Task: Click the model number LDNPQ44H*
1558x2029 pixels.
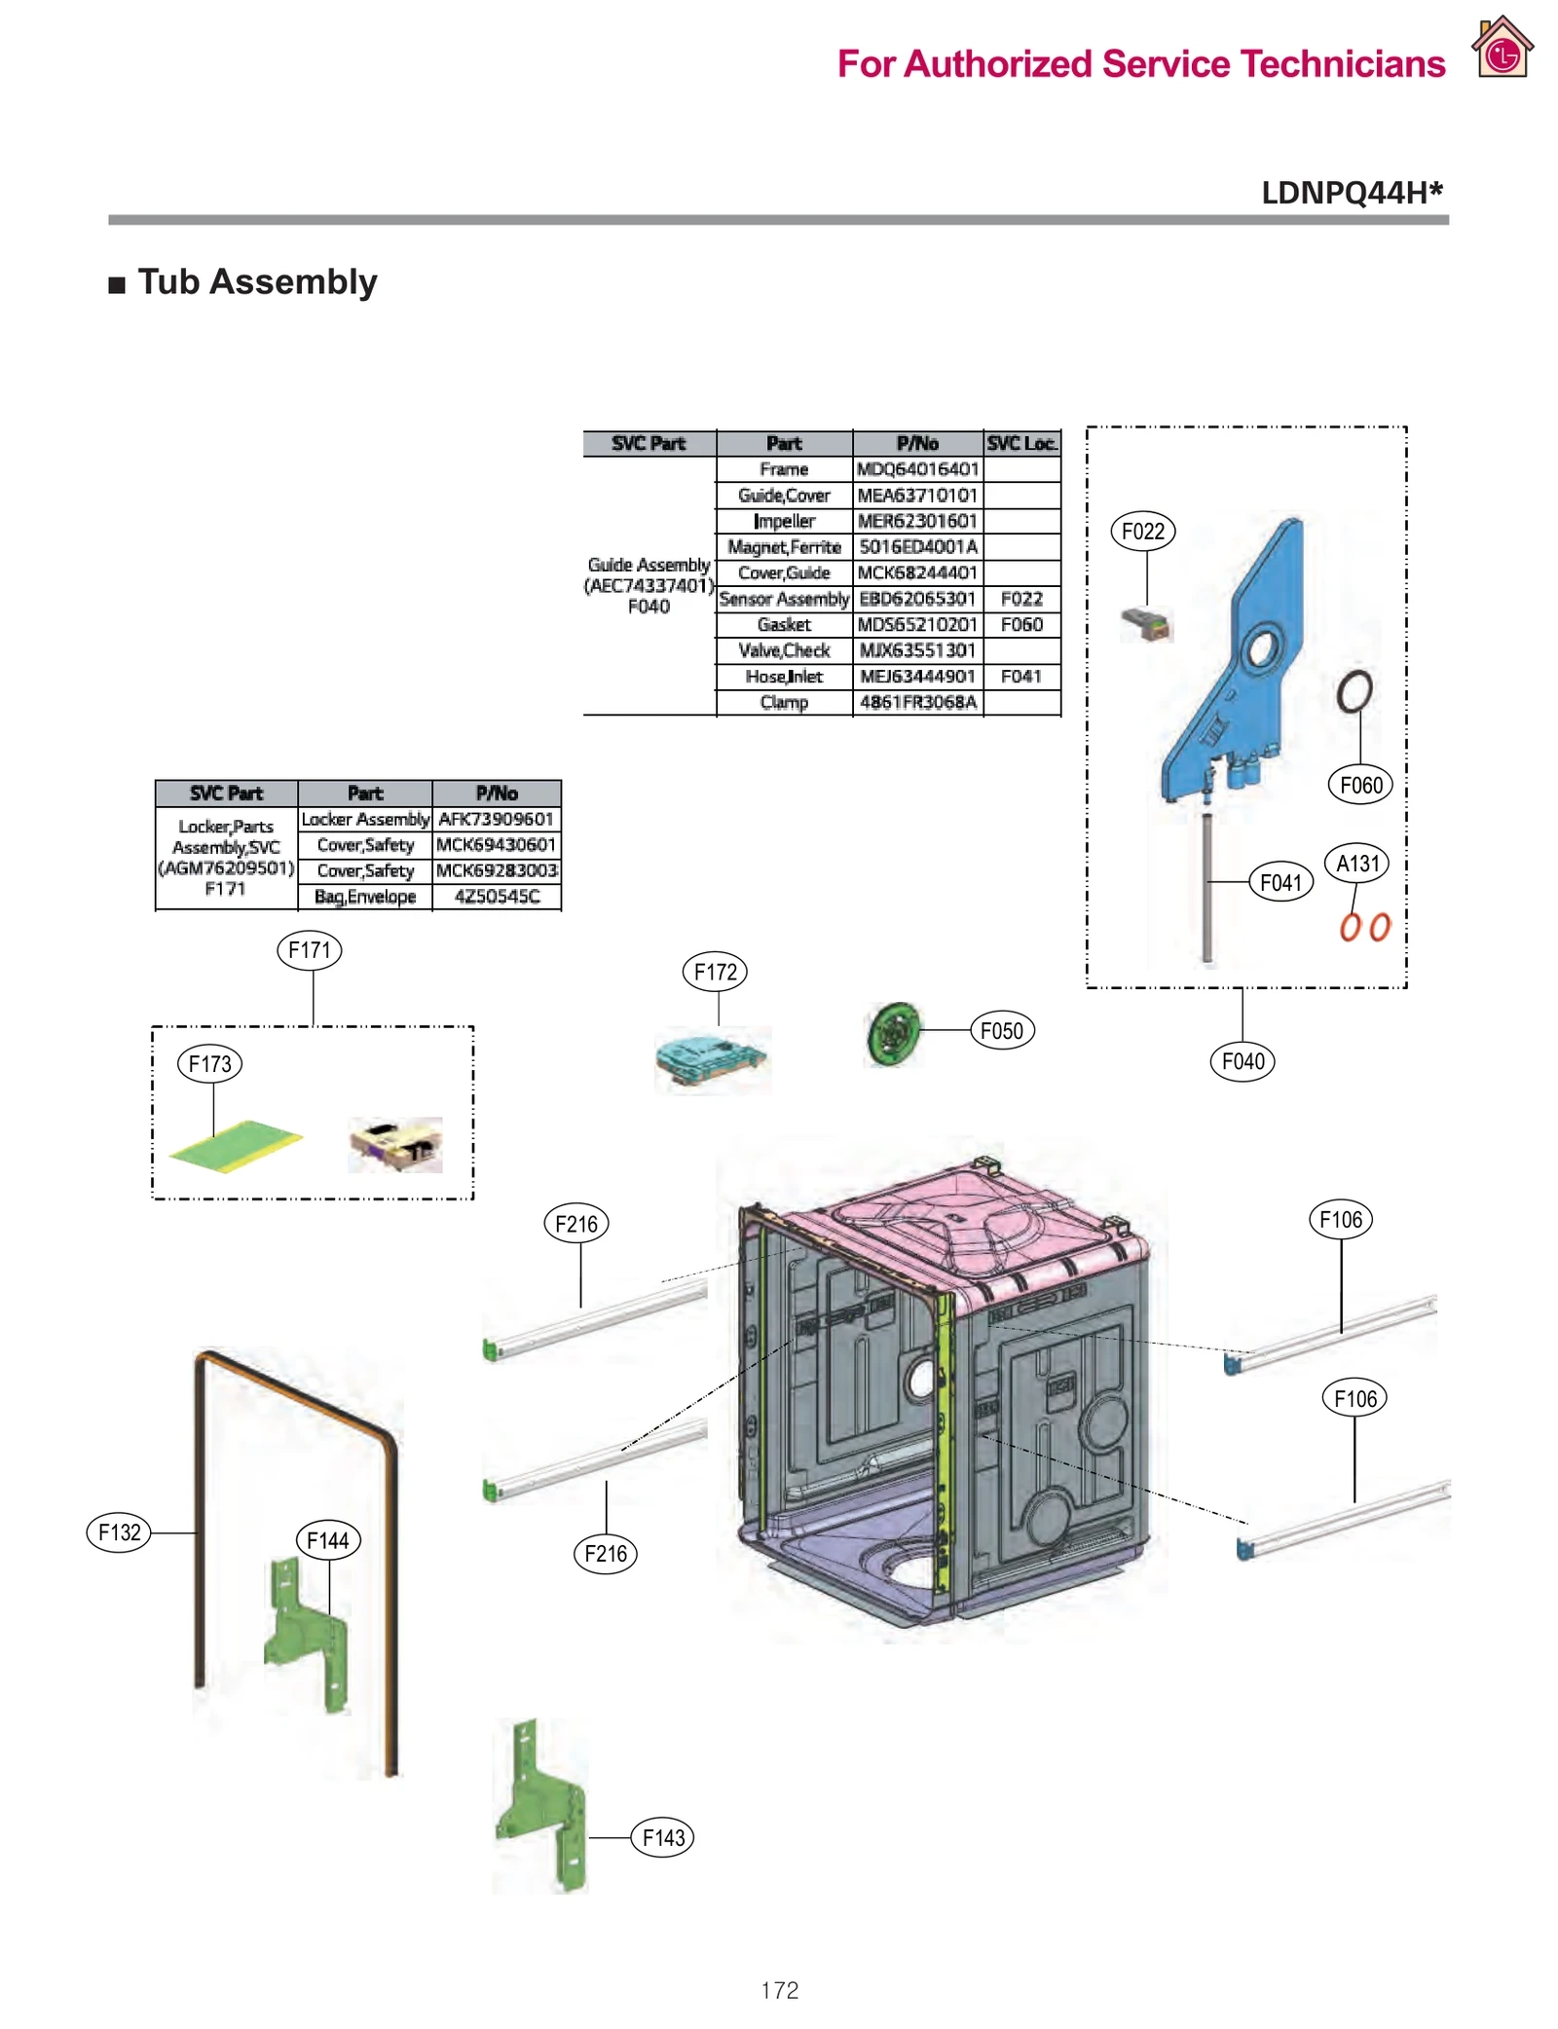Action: [x=1351, y=193]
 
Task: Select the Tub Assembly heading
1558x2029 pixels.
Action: [x=256, y=282]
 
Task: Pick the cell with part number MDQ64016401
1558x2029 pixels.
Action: [x=916, y=469]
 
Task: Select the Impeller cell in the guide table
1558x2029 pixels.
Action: [x=783, y=521]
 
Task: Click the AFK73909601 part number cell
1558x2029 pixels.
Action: [x=495, y=819]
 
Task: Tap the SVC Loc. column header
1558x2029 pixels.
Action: [x=1020, y=443]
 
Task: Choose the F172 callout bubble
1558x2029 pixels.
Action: [x=715, y=971]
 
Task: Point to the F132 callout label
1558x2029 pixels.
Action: [x=119, y=1531]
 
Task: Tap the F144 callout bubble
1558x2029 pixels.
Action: [x=327, y=1539]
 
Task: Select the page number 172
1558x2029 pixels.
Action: [x=779, y=1989]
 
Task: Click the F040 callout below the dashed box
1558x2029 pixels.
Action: [x=1242, y=1060]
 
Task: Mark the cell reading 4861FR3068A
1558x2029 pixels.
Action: [x=916, y=702]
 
